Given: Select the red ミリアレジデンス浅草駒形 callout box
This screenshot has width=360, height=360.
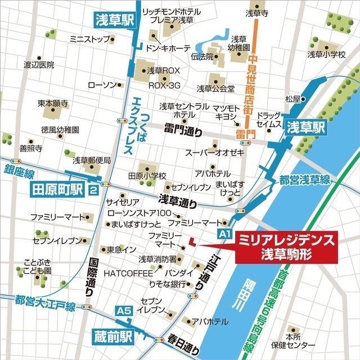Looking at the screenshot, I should (x=287, y=247).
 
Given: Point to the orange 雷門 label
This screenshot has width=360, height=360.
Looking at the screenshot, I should (x=246, y=135).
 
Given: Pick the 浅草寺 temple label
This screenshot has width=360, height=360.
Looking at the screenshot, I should (x=257, y=12).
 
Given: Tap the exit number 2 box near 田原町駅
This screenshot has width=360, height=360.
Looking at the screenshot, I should (x=92, y=191).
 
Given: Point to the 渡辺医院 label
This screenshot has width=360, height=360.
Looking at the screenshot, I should (x=39, y=65).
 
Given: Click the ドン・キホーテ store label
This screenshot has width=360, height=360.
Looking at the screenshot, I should (x=168, y=48).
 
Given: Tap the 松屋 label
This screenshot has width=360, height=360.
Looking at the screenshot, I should (x=293, y=99).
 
